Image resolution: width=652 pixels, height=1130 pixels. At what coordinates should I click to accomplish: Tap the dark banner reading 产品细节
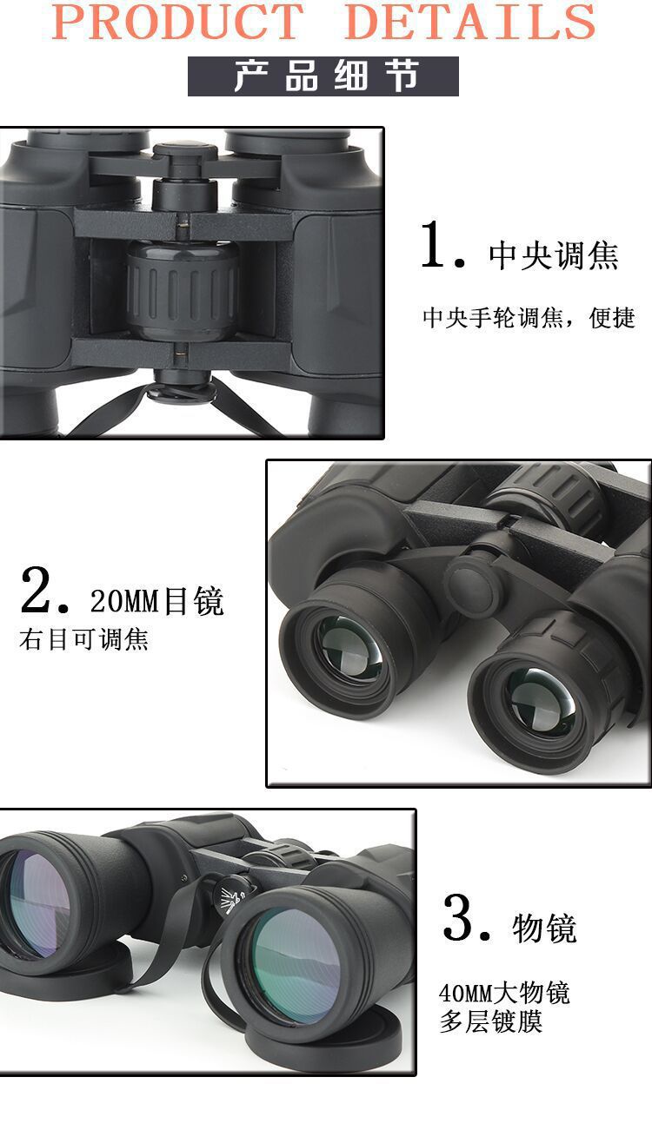coord(323,76)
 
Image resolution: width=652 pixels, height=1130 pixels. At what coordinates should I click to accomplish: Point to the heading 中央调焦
coord(553,255)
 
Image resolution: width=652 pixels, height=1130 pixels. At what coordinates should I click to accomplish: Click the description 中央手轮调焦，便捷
coord(529,318)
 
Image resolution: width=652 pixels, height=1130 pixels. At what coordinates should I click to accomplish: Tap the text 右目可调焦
coord(84,640)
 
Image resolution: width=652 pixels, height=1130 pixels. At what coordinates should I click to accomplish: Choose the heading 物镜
coord(544,928)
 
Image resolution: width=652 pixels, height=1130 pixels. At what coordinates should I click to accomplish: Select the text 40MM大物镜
coord(504,992)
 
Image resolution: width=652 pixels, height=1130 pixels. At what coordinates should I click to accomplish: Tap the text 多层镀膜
coord(491,1022)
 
